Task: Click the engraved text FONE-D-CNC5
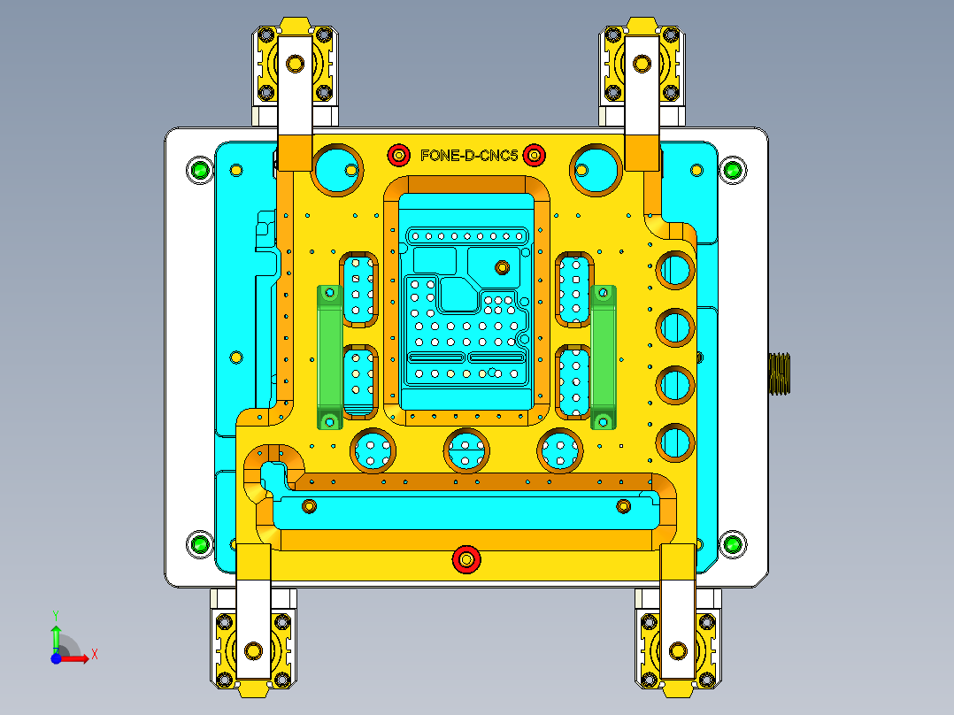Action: point(469,156)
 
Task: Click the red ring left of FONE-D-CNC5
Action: point(399,156)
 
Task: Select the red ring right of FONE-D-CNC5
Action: point(534,156)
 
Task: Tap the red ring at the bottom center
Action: point(466,559)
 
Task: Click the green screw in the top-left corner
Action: point(200,170)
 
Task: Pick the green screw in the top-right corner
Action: point(731,170)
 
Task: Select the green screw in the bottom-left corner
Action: point(200,544)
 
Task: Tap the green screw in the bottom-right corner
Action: point(731,544)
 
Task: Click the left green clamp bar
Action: point(329,356)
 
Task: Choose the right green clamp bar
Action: point(604,356)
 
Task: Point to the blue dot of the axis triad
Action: point(56,657)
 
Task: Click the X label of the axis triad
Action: point(94,654)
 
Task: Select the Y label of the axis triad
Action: point(55,614)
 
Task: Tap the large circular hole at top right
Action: point(596,168)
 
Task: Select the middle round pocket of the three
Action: point(466,450)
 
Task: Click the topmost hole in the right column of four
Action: point(675,270)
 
